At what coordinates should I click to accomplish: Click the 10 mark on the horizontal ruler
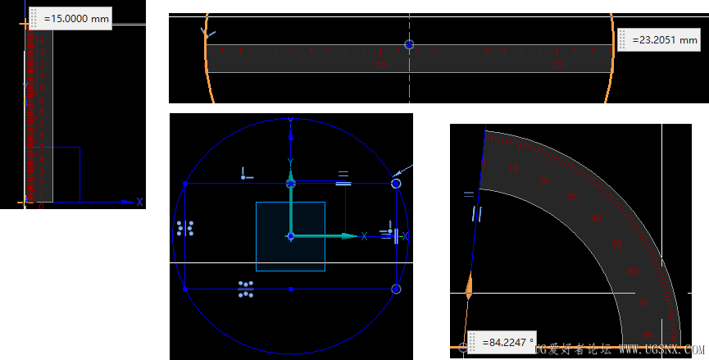[381, 64]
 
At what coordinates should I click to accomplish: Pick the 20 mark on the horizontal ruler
[557, 64]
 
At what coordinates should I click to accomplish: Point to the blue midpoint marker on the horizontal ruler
[410, 44]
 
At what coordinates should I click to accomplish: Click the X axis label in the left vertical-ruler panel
[139, 202]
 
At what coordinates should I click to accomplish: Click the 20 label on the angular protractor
[543, 180]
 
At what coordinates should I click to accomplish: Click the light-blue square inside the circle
[290, 236]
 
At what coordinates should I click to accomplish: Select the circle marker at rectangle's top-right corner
[397, 185]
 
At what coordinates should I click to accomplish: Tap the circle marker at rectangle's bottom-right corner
[397, 289]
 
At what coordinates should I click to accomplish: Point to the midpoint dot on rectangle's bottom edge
[290, 289]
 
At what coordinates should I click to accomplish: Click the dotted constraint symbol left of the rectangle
[184, 228]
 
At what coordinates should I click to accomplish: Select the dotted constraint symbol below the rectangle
[245, 289]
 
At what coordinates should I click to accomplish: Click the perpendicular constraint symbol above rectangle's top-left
[246, 173]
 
